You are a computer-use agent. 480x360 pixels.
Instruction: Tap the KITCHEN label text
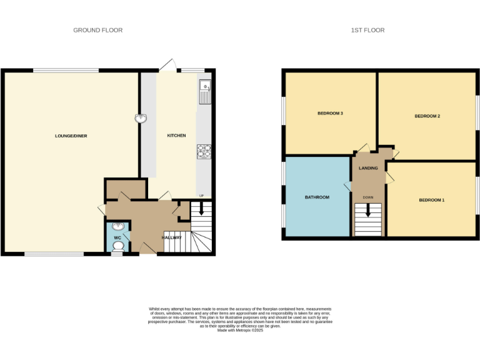(x=176, y=136)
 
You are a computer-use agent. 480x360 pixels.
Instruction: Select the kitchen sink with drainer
(x=205, y=92)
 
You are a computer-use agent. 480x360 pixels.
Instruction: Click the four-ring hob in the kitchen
(x=204, y=151)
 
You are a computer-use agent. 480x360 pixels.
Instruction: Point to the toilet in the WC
(x=117, y=246)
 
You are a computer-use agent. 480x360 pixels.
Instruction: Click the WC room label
(x=117, y=237)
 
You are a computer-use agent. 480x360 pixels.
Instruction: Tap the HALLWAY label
(x=172, y=237)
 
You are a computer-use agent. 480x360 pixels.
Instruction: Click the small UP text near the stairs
(x=201, y=196)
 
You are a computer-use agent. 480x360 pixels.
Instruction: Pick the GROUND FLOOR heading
(x=97, y=30)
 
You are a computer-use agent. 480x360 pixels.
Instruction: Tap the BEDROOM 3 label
(x=330, y=113)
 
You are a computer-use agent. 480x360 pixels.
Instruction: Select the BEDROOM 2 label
(x=427, y=116)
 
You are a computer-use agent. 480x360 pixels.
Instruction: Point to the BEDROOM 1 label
(x=431, y=200)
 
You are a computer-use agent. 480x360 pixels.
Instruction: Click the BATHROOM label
(x=317, y=197)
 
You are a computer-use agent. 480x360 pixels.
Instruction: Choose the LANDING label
(x=367, y=168)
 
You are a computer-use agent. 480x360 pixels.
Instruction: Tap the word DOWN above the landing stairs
(x=367, y=197)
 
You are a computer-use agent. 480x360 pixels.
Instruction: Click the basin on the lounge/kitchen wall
(x=141, y=117)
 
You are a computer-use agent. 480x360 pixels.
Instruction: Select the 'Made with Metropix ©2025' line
(x=240, y=330)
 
